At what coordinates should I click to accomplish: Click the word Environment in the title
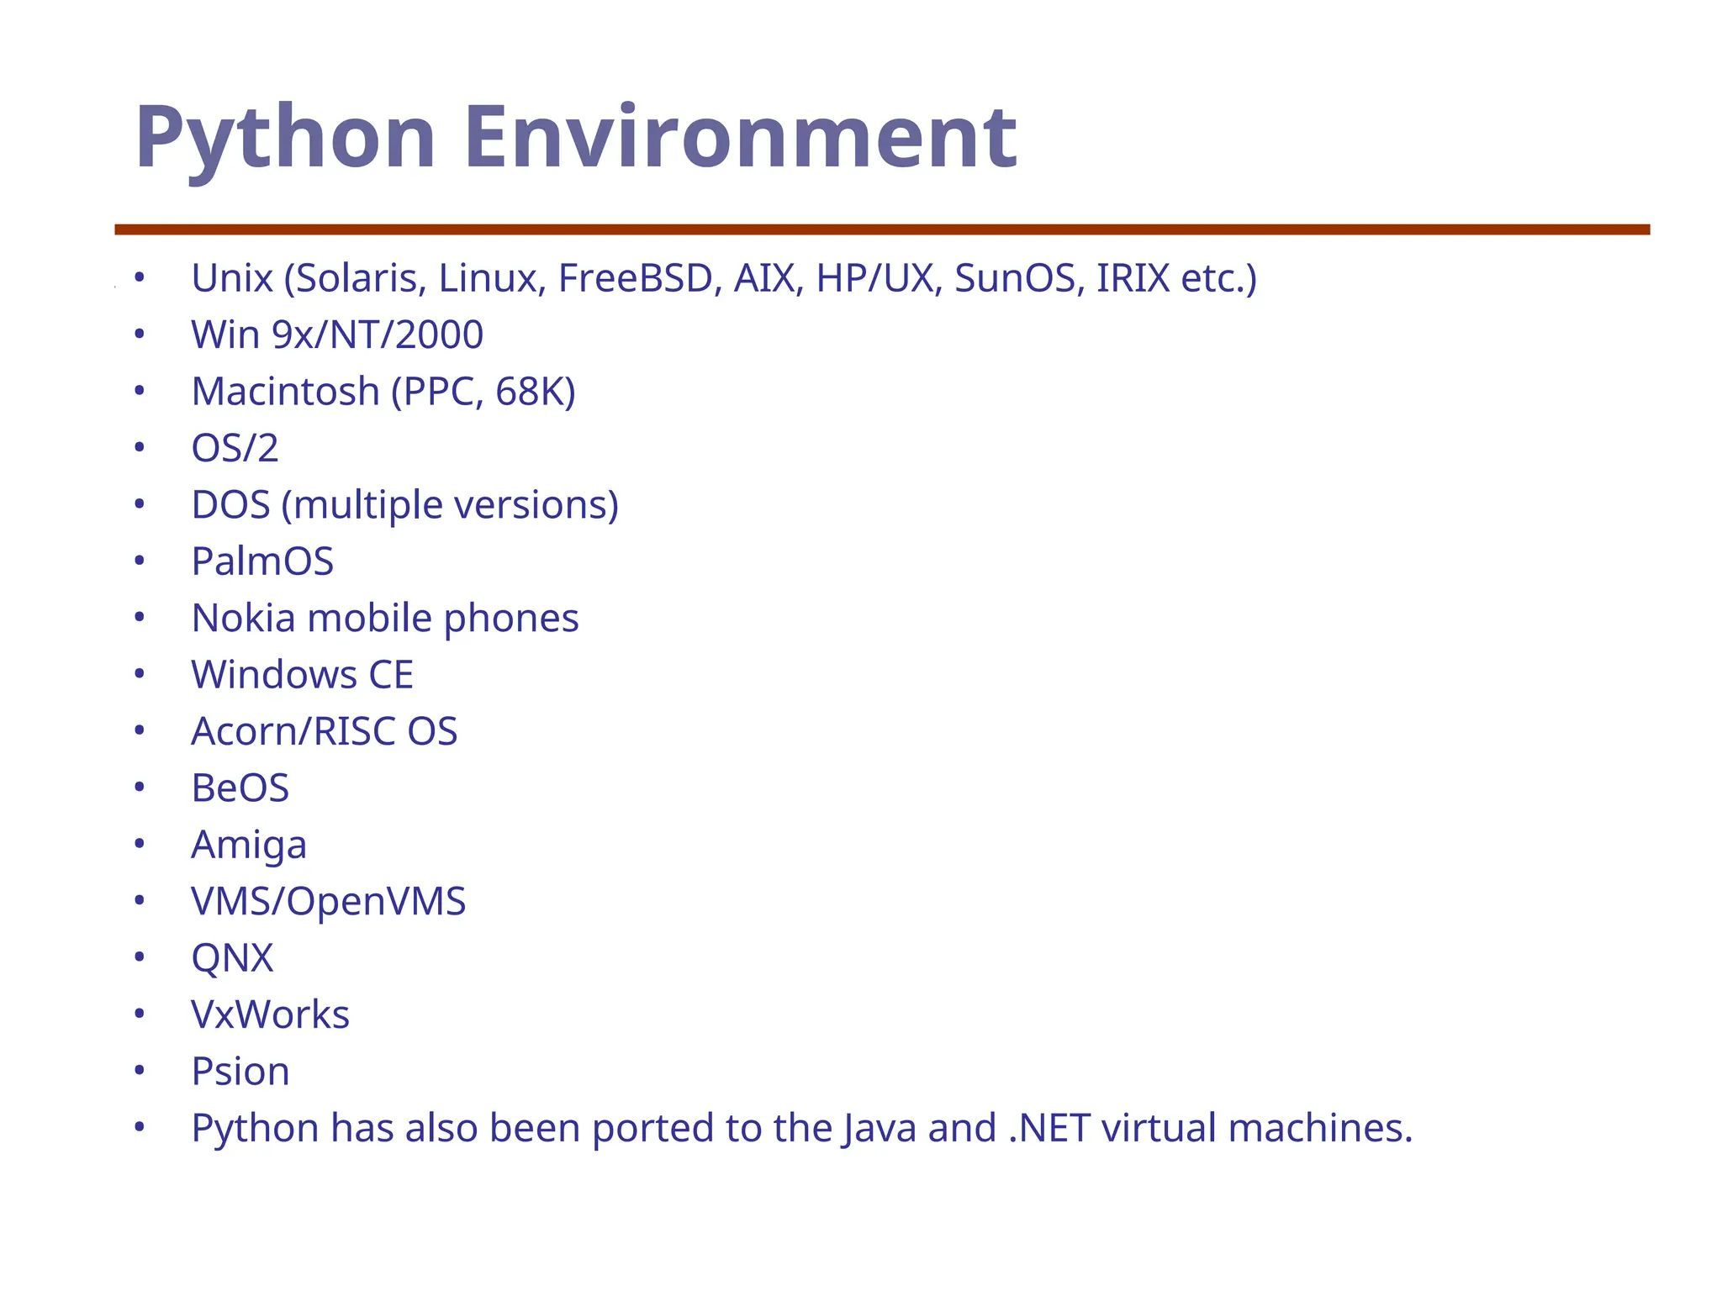[740, 136]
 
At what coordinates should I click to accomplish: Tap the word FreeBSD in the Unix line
[636, 278]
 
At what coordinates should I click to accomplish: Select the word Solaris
[357, 278]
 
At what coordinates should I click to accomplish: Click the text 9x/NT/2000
[378, 335]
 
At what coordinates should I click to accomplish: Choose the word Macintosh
[285, 392]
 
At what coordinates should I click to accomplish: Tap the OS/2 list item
[235, 448]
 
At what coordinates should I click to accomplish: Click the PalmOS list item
[262, 561]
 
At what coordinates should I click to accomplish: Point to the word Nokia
[243, 619]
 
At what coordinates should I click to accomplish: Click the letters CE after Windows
[391, 675]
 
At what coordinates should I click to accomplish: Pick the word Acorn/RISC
[293, 731]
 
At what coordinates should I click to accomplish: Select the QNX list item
[232, 958]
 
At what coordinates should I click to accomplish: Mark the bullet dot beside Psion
[140, 1071]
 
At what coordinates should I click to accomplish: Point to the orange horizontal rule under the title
[882, 229]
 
